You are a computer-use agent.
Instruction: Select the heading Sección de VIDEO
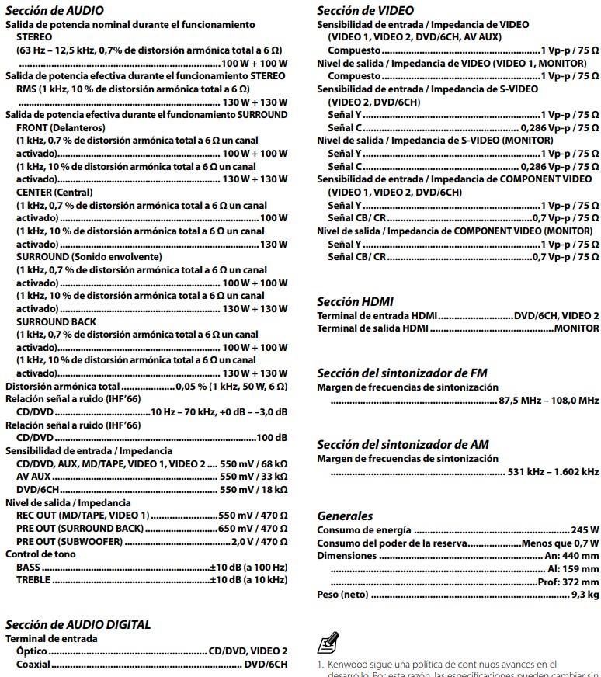tap(360, 11)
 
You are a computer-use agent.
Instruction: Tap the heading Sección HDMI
tap(355, 302)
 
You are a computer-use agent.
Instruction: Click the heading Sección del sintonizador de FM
tap(402, 373)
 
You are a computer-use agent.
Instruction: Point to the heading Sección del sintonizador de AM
tap(403, 445)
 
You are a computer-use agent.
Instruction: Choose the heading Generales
tap(345, 516)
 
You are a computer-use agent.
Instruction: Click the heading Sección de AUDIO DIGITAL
tap(78, 624)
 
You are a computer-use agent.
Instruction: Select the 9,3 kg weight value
tap(584, 595)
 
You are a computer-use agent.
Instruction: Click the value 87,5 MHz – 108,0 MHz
tap(548, 401)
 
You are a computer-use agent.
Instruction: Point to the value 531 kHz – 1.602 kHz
tap(552, 471)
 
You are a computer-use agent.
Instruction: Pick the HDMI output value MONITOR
tap(576, 328)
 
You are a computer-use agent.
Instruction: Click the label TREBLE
tap(33, 580)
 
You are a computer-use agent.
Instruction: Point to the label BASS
tap(28, 568)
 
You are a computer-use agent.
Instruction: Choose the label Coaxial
tap(33, 665)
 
